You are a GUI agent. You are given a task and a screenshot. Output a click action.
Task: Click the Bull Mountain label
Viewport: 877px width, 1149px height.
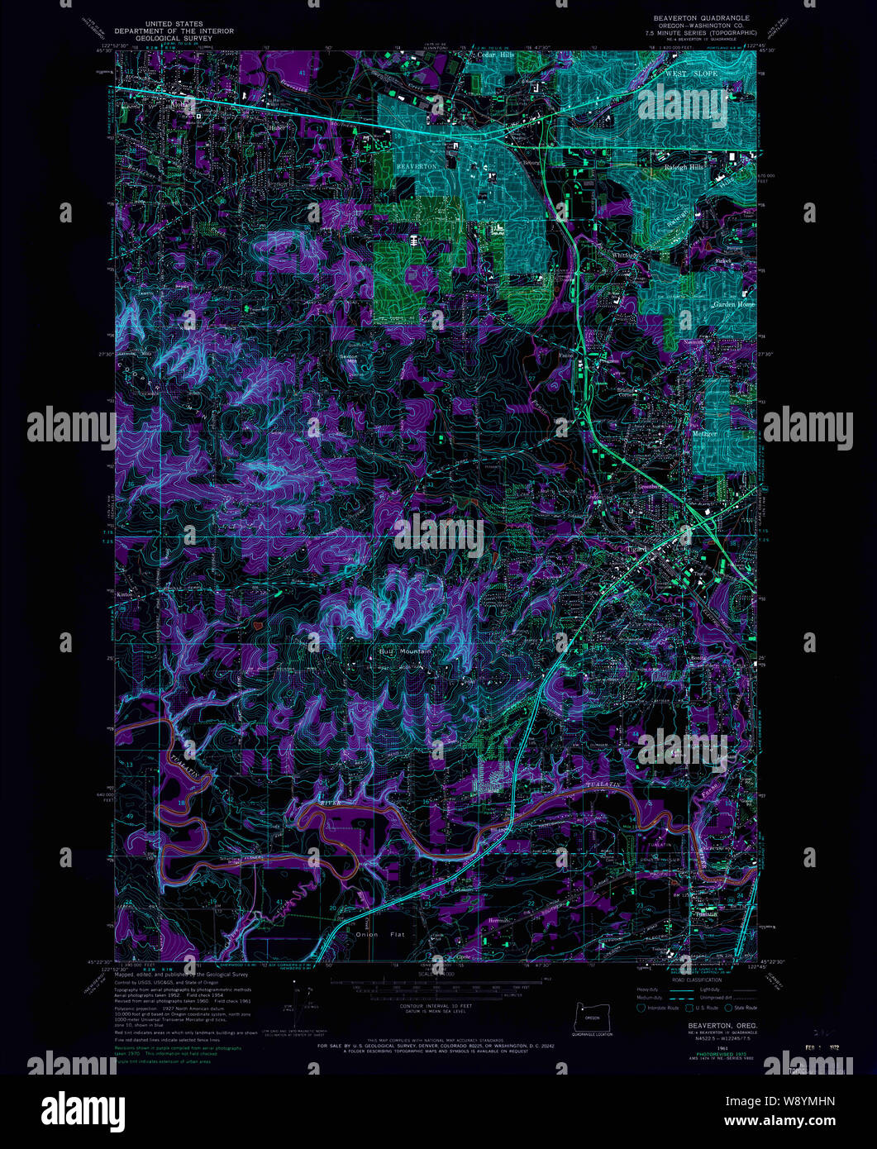[x=405, y=652]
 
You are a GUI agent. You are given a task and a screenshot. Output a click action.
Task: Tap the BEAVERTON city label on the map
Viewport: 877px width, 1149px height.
[x=417, y=166]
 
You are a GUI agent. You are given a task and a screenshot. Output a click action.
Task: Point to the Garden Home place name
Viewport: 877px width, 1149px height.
[x=734, y=304]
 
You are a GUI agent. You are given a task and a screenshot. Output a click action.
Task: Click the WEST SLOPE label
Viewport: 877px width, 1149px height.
[x=692, y=74]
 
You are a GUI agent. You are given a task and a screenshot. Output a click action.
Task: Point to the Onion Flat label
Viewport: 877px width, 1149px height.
[x=379, y=934]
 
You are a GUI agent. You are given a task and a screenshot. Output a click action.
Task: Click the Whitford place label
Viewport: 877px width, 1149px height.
[x=627, y=255]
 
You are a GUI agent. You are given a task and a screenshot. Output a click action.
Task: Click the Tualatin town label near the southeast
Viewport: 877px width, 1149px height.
[x=705, y=913]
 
